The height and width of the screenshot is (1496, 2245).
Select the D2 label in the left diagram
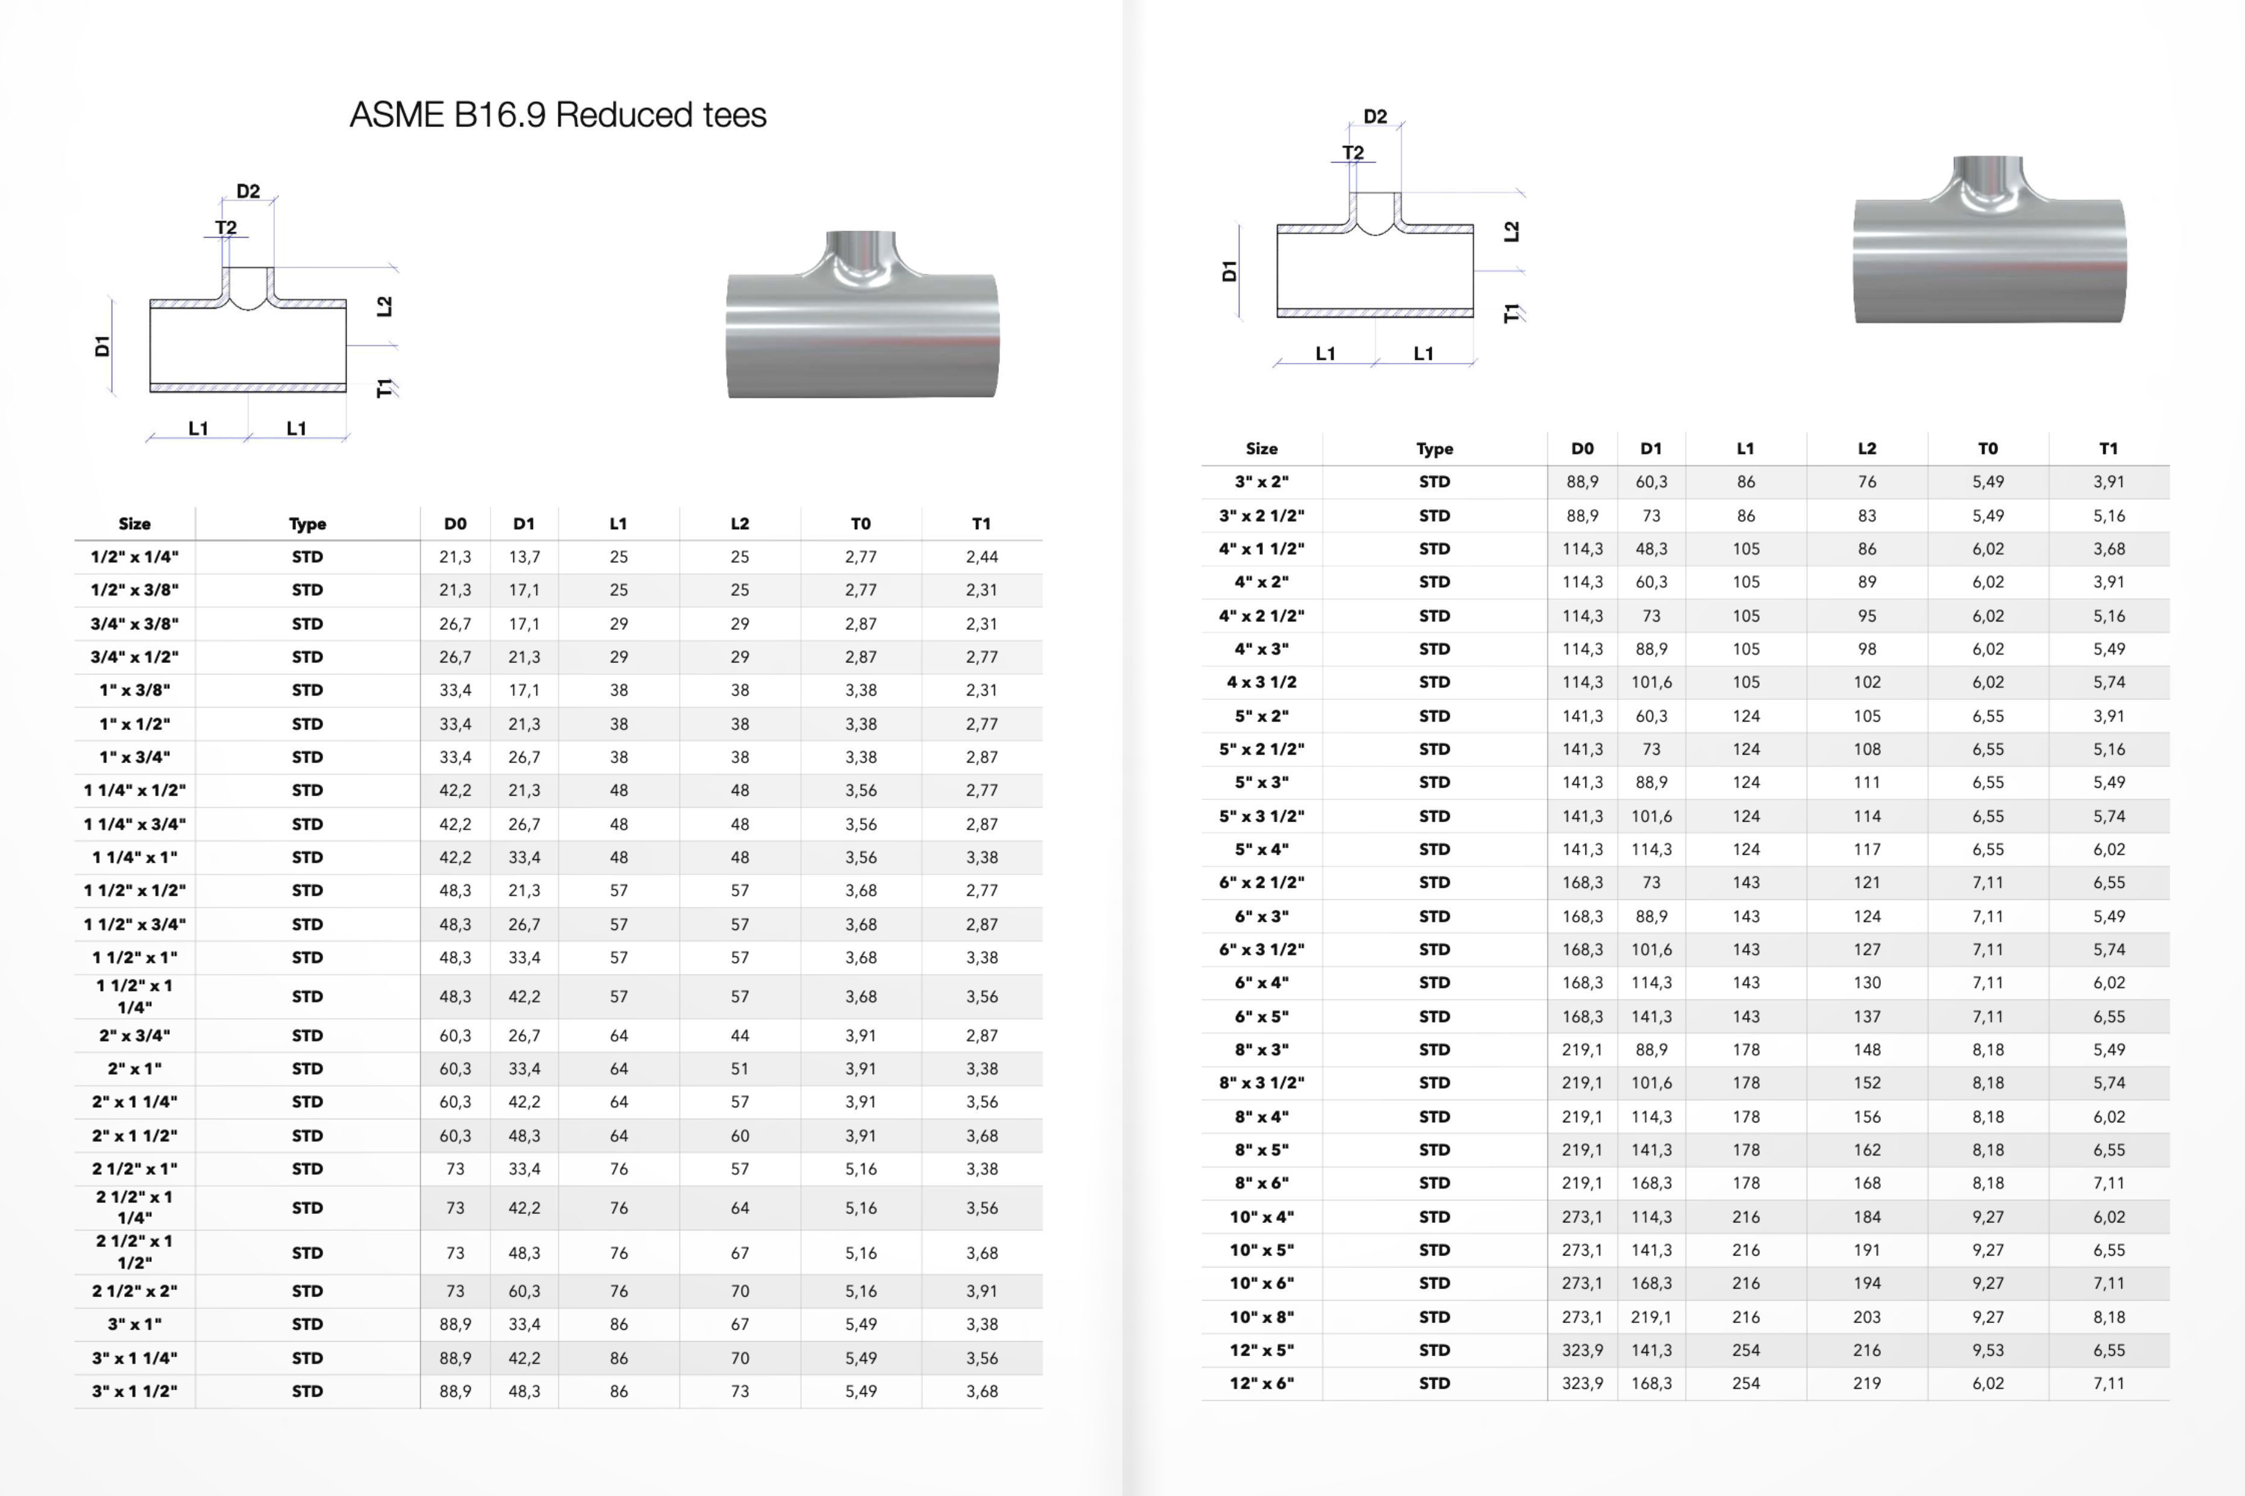point(248,191)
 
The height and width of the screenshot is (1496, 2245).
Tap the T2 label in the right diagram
point(1353,152)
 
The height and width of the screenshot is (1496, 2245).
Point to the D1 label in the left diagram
point(102,345)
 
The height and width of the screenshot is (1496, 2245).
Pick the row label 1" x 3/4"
point(134,756)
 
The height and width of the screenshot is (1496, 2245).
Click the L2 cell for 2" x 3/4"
point(740,1035)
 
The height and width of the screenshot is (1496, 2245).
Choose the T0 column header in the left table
point(861,523)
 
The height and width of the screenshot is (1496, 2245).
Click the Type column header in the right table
point(1434,448)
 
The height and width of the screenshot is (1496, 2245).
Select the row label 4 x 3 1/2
point(1261,682)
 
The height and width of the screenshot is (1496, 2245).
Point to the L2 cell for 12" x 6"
point(1866,1383)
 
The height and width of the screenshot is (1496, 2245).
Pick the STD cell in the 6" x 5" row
point(1434,1016)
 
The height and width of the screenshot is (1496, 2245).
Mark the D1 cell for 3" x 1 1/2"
point(524,1391)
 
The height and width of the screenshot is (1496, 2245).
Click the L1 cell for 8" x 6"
point(1745,1183)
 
